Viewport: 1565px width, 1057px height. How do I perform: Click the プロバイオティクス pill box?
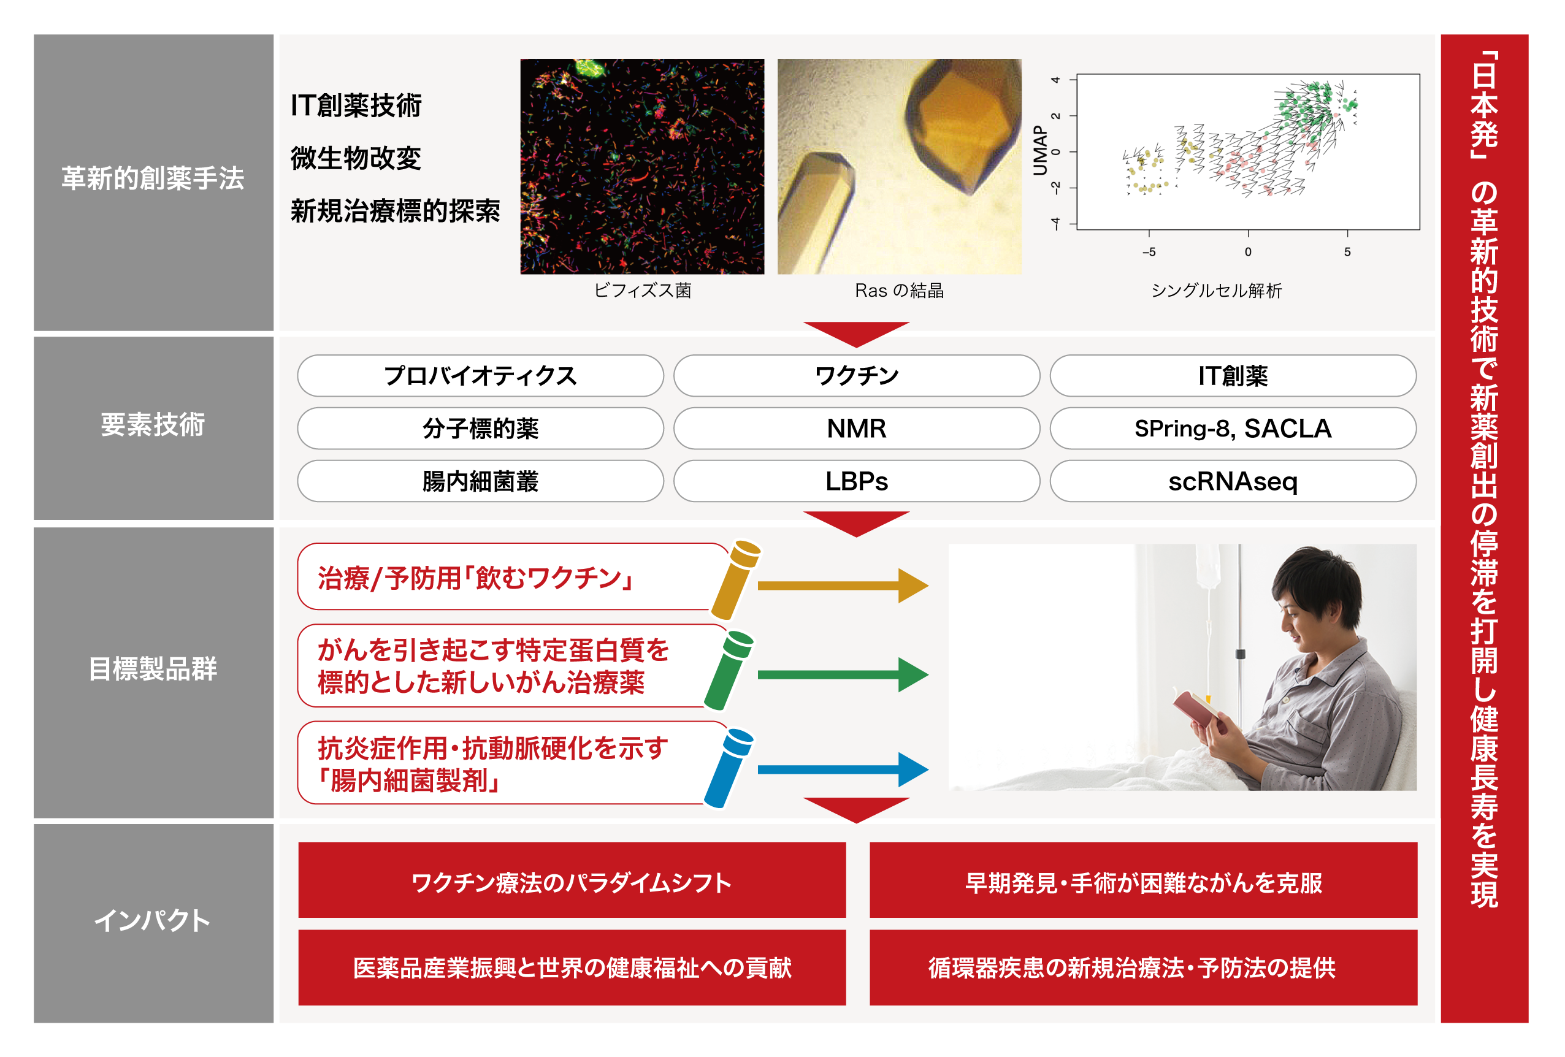point(480,376)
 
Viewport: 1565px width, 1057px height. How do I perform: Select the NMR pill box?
point(857,428)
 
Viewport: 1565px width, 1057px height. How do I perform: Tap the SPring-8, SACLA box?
point(1233,428)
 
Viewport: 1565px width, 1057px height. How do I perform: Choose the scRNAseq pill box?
point(1233,481)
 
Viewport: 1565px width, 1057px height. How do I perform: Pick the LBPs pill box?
point(857,481)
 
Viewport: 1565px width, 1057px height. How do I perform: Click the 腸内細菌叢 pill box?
point(480,481)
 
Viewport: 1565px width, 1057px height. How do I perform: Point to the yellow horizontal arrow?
point(843,586)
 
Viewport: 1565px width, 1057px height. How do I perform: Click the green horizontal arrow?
point(843,674)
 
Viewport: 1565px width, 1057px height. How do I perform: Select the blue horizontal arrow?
point(843,769)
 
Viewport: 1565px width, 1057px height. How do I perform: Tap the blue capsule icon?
point(729,768)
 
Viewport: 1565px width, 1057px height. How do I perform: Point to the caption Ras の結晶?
point(899,290)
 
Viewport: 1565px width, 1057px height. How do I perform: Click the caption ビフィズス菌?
point(643,290)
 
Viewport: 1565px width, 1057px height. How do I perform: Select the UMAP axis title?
point(1041,150)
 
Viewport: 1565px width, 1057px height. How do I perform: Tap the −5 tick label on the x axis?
point(1149,252)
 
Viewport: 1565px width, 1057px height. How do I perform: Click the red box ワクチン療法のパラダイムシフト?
point(572,880)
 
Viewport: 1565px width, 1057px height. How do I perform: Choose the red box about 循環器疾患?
point(1144,967)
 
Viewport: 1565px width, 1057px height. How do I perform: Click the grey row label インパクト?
point(153,920)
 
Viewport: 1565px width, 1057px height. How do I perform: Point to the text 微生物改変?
point(356,158)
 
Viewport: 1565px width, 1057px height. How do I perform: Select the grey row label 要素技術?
point(153,425)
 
